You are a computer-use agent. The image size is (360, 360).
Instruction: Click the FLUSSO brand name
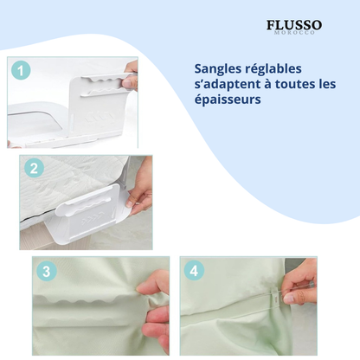pyautogui.click(x=294, y=24)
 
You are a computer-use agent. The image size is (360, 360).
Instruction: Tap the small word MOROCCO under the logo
pyautogui.click(x=294, y=33)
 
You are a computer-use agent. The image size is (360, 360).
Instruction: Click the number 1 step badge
pyautogui.click(x=22, y=72)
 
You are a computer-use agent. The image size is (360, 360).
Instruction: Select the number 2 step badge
pyautogui.click(x=33, y=169)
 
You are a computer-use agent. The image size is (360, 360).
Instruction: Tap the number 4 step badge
pyautogui.click(x=193, y=270)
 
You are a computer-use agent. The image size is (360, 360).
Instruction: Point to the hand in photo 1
pyautogui.click(x=131, y=76)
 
